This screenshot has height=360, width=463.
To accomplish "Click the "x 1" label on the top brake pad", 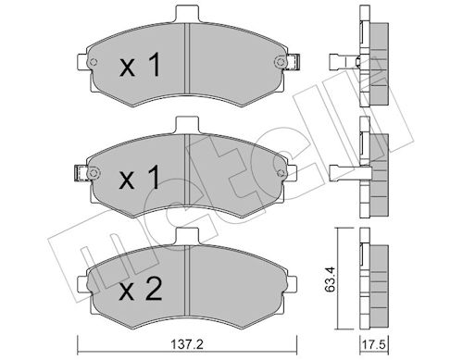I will point(141,67).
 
